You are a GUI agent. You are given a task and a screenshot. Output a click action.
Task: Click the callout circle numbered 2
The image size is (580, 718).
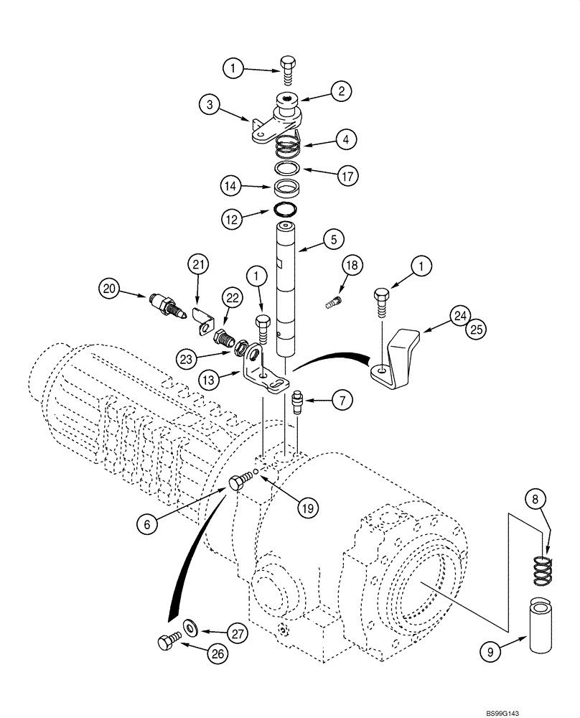(342, 90)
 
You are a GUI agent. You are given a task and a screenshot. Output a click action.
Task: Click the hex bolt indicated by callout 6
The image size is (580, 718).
(238, 483)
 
